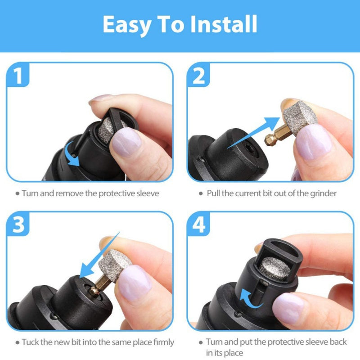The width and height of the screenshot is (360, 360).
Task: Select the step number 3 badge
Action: [x=18, y=225]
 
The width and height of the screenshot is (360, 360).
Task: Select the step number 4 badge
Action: [x=198, y=225]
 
